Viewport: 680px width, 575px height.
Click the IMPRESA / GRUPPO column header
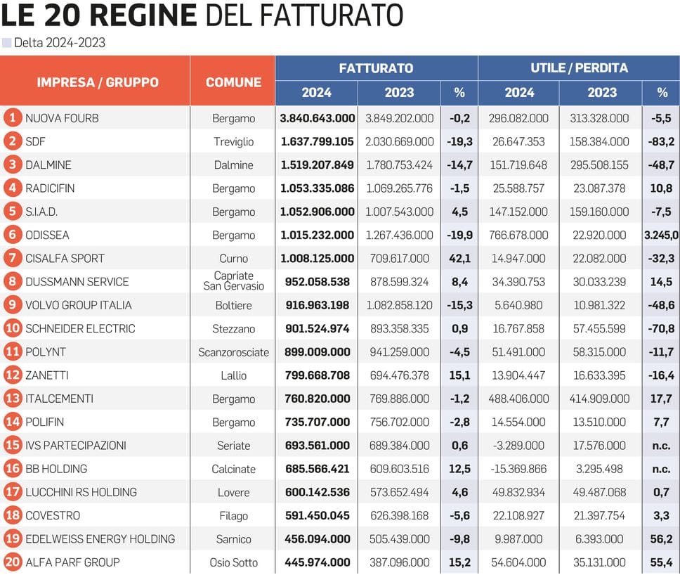[x=98, y=82]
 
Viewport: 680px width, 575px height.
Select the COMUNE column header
[x=233, y=82]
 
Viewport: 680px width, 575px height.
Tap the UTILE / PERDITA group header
[x=579, y=68]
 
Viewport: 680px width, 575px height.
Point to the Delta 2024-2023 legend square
[x=7, y=43]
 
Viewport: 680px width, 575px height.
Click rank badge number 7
[x=12, y=258]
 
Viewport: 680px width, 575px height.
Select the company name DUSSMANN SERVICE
[x=77, y=282]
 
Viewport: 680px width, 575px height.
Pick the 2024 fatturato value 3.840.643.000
[x=318, y=118]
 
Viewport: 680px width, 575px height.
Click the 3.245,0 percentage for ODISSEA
[x=662, y=235]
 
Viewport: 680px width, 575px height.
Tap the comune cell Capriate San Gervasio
[x=233, y=281]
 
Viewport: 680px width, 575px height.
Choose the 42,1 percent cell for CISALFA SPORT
[x=459, y=259]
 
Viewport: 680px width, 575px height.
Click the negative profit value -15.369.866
[x=518, y=469]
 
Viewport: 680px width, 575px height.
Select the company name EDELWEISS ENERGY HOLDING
[x=100, y=539]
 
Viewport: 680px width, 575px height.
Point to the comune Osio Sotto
[x=233, y=562]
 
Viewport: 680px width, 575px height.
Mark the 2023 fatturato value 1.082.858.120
[x=399, y=305]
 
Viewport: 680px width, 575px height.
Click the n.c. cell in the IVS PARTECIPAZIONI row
[x=662, y=446]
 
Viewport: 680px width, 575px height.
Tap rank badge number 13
[x=12, y=399]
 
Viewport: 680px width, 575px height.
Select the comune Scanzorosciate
[x=233, y=352]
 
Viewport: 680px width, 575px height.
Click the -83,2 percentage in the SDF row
[x=662, y=141]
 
